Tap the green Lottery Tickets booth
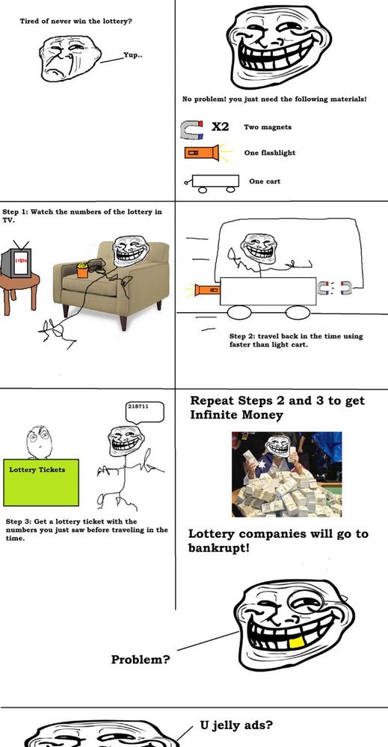[x=41, y=482]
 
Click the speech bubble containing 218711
[x=144, y=411]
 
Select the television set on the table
[x=16, y=262]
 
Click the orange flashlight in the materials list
[x=202, y=153]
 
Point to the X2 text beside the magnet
[x=221, y=126]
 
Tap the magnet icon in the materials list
[x=191, y=129]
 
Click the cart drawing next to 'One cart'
[x=212, y=183]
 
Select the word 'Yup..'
[x=132, y=55]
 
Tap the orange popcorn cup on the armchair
[x=82, y=270]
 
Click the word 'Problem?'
[x=141, y=660]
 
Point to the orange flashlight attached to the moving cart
[x=208, y=288]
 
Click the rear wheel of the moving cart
[x=239, y=312]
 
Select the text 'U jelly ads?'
[x=236, y=725]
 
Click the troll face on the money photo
[x=278, y=447]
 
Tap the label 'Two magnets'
[x=268, y=127]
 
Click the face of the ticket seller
[x=39, y=441]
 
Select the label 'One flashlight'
[x=270, y=153]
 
